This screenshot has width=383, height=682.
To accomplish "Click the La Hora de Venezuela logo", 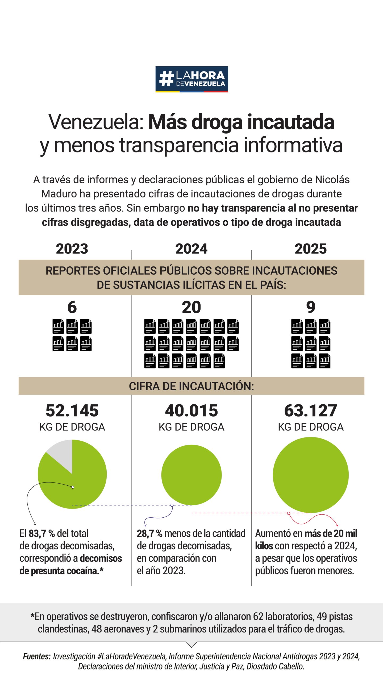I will (191, 79).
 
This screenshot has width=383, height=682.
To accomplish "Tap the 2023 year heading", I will (72, 249).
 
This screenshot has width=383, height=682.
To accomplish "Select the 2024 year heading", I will (191, 249).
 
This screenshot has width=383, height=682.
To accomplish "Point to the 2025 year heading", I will (311, 249).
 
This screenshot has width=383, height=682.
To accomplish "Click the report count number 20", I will (191, 307).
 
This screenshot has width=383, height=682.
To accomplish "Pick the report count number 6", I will (72, 307).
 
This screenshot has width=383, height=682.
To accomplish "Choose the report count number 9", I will (311, 307).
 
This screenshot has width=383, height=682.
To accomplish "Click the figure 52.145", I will (72, 411).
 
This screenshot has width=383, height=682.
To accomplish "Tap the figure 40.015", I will (191, 411).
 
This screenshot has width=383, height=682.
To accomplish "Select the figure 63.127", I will (311, 411).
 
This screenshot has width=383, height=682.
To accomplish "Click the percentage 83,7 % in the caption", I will (41, 533).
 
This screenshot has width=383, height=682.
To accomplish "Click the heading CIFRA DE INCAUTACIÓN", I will (191, 386).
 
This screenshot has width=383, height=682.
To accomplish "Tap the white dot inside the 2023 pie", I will (73, 487).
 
